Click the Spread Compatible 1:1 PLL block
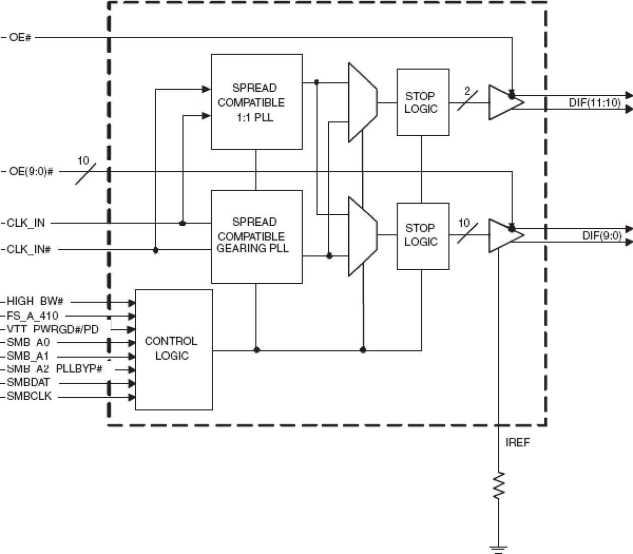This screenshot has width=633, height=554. click(x=257, y=102)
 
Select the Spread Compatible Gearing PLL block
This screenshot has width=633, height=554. click(x=257, y=236)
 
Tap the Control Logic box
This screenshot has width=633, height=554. click(x=174, y=349)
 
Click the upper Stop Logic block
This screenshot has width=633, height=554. click(x=422, y=102)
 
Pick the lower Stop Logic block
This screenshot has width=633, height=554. click(x=422, y=235)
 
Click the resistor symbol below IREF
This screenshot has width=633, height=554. click(x=498, y=485)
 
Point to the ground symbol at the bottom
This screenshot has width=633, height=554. click(x=498, y=548)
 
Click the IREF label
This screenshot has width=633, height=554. click(x=518, y=443)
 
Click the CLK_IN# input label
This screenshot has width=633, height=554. click(x=29, y=250)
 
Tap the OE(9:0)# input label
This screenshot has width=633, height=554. click(x=31, y=171)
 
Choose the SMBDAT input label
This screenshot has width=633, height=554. click(x=29, y=383)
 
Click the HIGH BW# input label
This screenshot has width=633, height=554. click(x=35, y=301)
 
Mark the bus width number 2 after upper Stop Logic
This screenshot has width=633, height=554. click(x=467, y=91)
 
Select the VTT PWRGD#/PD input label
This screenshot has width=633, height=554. click(x=52, y=330)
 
